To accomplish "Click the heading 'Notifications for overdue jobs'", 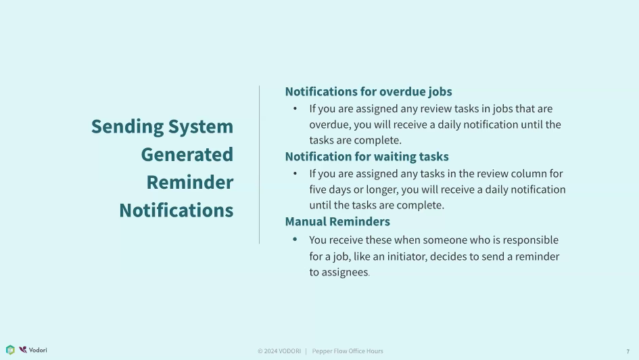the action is pyautogui.click(x=369, y=92).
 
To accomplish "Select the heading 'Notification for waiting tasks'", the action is pyautogui.click(x=366, y=156).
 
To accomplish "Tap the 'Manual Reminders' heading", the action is pyautogui.click(x=337, y=221).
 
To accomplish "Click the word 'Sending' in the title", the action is pyautogui.click(x=127, y=127).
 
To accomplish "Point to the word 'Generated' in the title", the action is pyautogui.click(x=187, y=154).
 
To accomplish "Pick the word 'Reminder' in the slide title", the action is pyautogui.click(x=190, y=182).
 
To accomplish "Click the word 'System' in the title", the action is pyautogui.click(x=201, y=127).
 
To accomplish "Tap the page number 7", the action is pyautogui.click(x=628, y=351).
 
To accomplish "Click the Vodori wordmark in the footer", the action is pyautogui.click(x=38, y=351).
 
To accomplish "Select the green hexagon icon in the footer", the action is pyautogui.click(x=10, y=350).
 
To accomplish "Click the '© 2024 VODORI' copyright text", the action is pyautogui.click(x=279, y=351).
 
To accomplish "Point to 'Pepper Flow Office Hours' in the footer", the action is pyautogui.click(x=348, y=351).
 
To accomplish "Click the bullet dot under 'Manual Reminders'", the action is pyautogui.click(x=295, y=240).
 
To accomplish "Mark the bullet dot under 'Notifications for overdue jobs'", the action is pyautogui.click(x=295, y=108).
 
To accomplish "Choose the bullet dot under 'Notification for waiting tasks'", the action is pyautogui.click(x=295, y=173).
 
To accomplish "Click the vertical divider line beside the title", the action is pyautogui.click(x=259, y=164).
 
